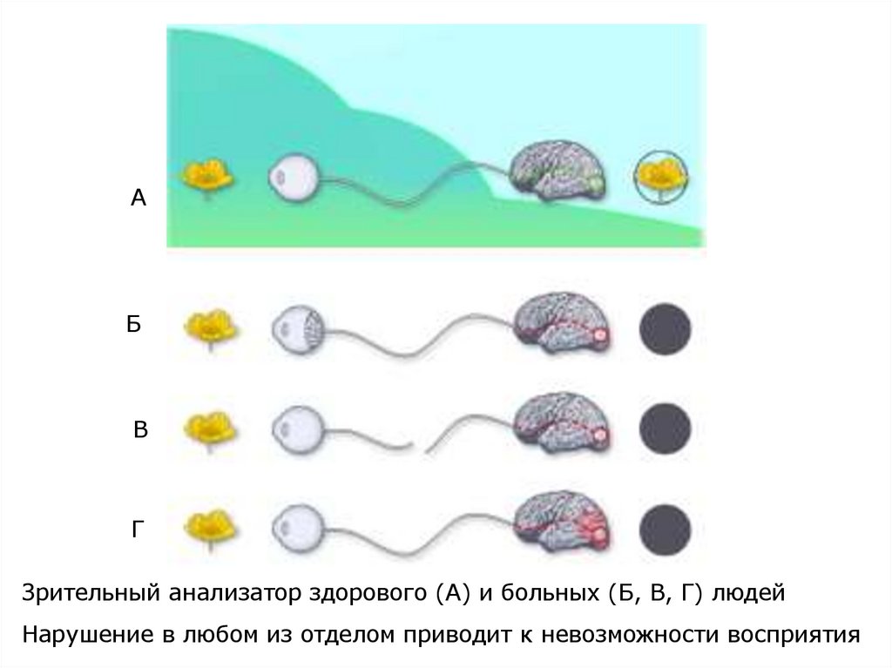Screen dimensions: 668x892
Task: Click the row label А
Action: (138, 199)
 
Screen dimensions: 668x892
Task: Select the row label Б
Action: (133, 325)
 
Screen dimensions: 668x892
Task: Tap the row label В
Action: (140, 429)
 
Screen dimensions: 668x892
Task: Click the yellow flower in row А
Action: (207, 177)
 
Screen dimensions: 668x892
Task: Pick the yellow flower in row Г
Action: (209, 525)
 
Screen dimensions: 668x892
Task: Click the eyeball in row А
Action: (295, 181)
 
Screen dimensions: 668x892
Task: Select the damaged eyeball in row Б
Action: (299, 330)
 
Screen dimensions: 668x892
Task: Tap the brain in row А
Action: (555, 171)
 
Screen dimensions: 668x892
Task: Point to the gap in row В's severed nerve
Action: (417, 448)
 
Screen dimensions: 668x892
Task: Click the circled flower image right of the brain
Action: (659, 179)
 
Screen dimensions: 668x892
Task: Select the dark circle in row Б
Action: (666, 330)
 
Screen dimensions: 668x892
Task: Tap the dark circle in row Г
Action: (666, 529)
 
